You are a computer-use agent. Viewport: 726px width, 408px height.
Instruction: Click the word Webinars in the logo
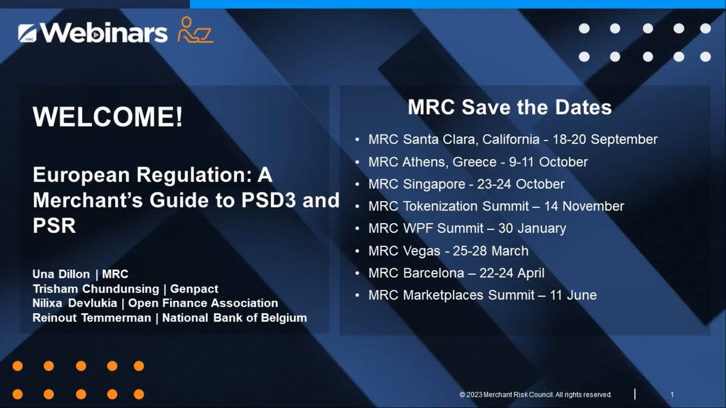(x=104, y=32)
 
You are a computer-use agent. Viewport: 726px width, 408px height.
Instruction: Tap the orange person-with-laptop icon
(x=195, y=30)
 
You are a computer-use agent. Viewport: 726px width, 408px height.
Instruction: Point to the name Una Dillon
(x=61, y=274)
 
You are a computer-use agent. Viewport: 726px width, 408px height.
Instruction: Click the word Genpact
(x=194, y=289)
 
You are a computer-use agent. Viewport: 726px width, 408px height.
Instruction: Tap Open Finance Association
(x=203, y=303)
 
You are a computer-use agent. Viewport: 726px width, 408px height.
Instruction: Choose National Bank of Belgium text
(x=235, y=318)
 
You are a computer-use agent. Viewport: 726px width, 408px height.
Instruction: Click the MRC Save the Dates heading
(x=510, y=107)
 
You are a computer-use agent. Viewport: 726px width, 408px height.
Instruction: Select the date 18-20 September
(x=605, y=139)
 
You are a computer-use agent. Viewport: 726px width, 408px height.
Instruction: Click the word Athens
(x=423, y=161)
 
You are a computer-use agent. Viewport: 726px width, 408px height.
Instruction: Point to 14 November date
(x=584, y=206)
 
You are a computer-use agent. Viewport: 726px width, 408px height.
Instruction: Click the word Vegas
(x=421, y=251)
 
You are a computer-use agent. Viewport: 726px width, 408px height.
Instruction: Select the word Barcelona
(x=433, y=273)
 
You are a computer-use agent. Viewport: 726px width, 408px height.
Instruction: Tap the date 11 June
(x=573, y=295)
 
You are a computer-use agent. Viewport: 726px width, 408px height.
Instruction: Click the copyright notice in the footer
(x=536, y=394)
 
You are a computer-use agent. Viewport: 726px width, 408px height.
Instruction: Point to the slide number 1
(x=672, y=394)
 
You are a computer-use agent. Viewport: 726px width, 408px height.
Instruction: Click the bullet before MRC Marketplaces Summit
(x=357, y=295)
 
